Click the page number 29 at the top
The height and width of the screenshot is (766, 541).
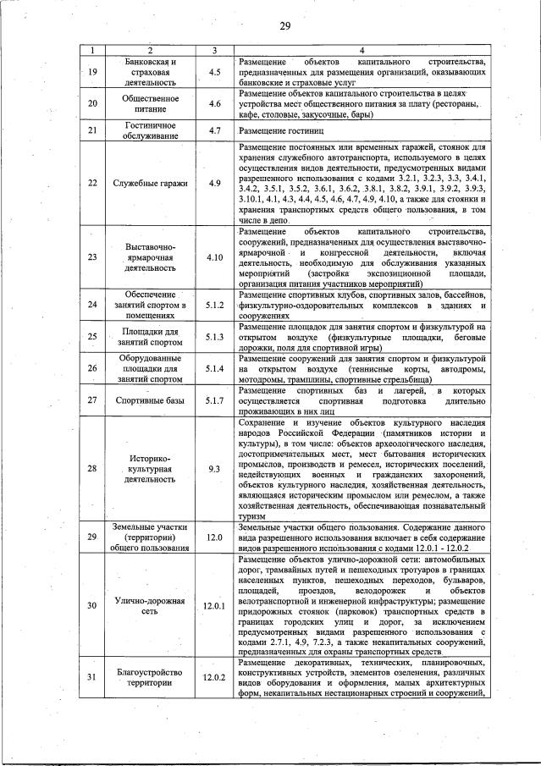click(284, 27)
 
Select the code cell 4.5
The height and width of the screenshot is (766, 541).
click(215, 73)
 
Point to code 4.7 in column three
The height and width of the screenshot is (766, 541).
click(215, 131)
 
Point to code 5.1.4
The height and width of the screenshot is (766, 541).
click(215, 369)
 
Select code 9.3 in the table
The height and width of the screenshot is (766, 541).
click(215, 467)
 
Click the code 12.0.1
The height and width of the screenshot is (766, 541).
click(215, 606)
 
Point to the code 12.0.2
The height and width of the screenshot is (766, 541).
click(215, 677)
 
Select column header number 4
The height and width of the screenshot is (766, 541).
click(362, 51)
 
